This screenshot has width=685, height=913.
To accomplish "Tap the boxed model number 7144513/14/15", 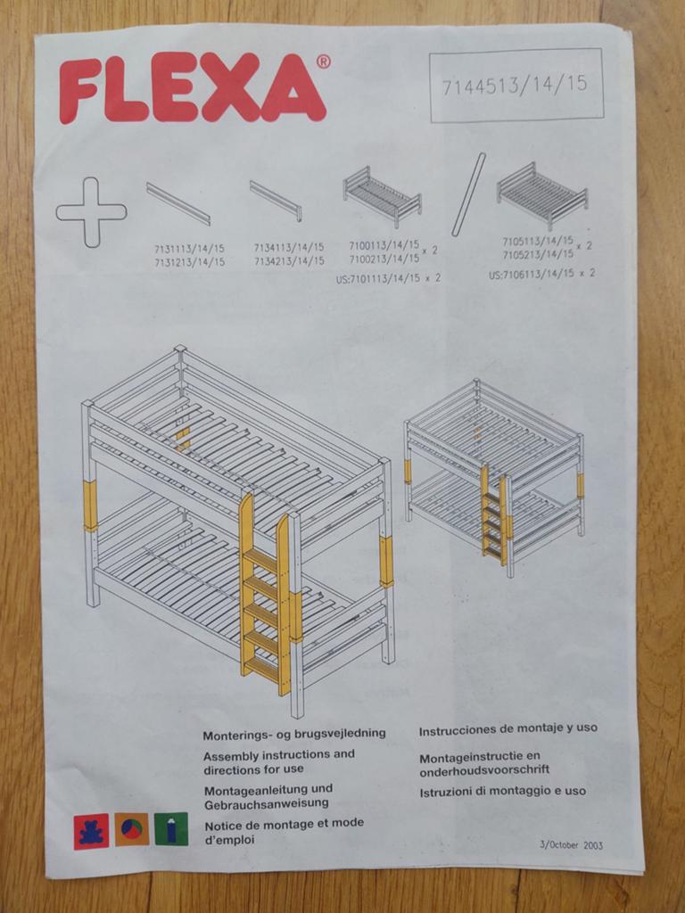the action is point(515,86).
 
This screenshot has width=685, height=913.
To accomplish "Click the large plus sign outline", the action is point(92,212).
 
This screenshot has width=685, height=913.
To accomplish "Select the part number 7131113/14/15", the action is point(189,249).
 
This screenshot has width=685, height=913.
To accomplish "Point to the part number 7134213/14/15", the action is point(289,261).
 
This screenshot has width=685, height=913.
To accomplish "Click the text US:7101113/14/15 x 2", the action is point(388,278).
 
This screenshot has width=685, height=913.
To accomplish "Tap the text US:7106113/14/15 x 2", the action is point(541,274).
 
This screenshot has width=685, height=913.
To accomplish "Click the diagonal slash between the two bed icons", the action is point(468,193).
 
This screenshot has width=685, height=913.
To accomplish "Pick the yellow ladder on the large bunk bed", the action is point(266,594).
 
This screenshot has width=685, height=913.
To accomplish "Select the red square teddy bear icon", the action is point(91,831).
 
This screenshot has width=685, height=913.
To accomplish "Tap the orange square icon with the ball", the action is point(131,829).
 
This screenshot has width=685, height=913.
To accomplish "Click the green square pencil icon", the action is point(171,828).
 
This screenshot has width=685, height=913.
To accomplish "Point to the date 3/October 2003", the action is point(572,845).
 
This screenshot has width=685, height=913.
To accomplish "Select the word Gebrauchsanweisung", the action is point(266,803).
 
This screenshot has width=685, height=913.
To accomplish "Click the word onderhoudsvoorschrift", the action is point(484,769).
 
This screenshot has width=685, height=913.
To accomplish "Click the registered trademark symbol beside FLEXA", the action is point(323,62).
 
